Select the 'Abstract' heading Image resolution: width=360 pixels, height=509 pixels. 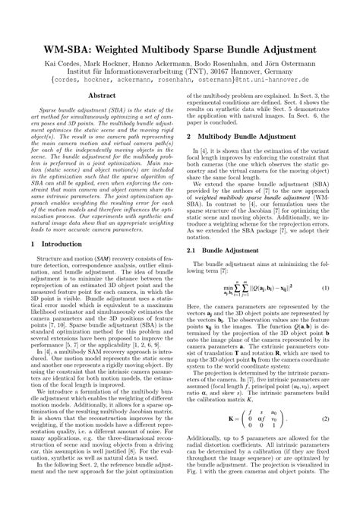[x=103, y=96]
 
